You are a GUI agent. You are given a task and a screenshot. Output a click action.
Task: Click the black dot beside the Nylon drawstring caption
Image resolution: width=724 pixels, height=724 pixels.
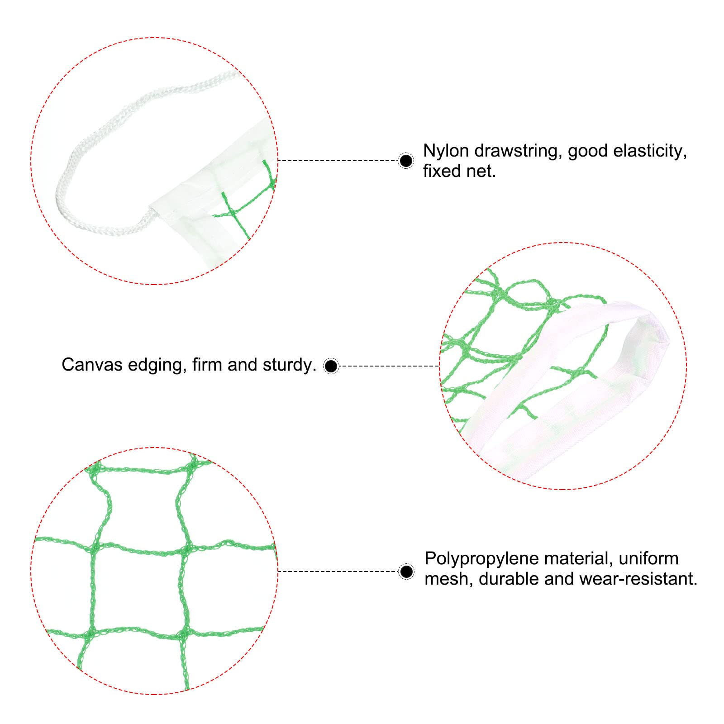[406, 161]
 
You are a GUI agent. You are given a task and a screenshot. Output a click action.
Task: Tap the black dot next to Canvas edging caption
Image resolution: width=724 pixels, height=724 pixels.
[331, 366]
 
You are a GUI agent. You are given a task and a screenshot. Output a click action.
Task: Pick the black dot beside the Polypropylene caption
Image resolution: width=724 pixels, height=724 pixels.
[407, 572]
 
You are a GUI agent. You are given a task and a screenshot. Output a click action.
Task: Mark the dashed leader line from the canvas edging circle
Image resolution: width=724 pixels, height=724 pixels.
[389, 366]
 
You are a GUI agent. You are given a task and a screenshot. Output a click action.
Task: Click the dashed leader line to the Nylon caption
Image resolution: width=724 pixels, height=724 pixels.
[338, 161]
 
